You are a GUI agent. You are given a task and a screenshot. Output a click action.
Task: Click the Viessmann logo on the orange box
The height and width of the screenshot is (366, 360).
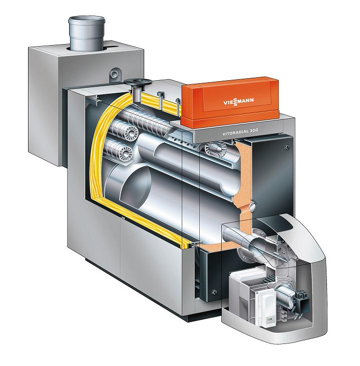point(238,102)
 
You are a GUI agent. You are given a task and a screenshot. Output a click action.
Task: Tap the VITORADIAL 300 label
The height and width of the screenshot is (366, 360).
point(240,132)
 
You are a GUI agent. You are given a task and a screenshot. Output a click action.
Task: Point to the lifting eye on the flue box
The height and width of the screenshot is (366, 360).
point(115,74)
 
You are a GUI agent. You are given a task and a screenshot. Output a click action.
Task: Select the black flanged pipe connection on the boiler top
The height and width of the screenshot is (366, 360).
point(138,90)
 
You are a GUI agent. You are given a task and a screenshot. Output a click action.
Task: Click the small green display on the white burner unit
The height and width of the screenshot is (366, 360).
point(271,318)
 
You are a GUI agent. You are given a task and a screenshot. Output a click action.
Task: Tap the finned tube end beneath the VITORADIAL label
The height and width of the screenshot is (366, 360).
point(213,148)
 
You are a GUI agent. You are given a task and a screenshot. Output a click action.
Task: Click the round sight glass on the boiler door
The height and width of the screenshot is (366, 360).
point(253,206)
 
